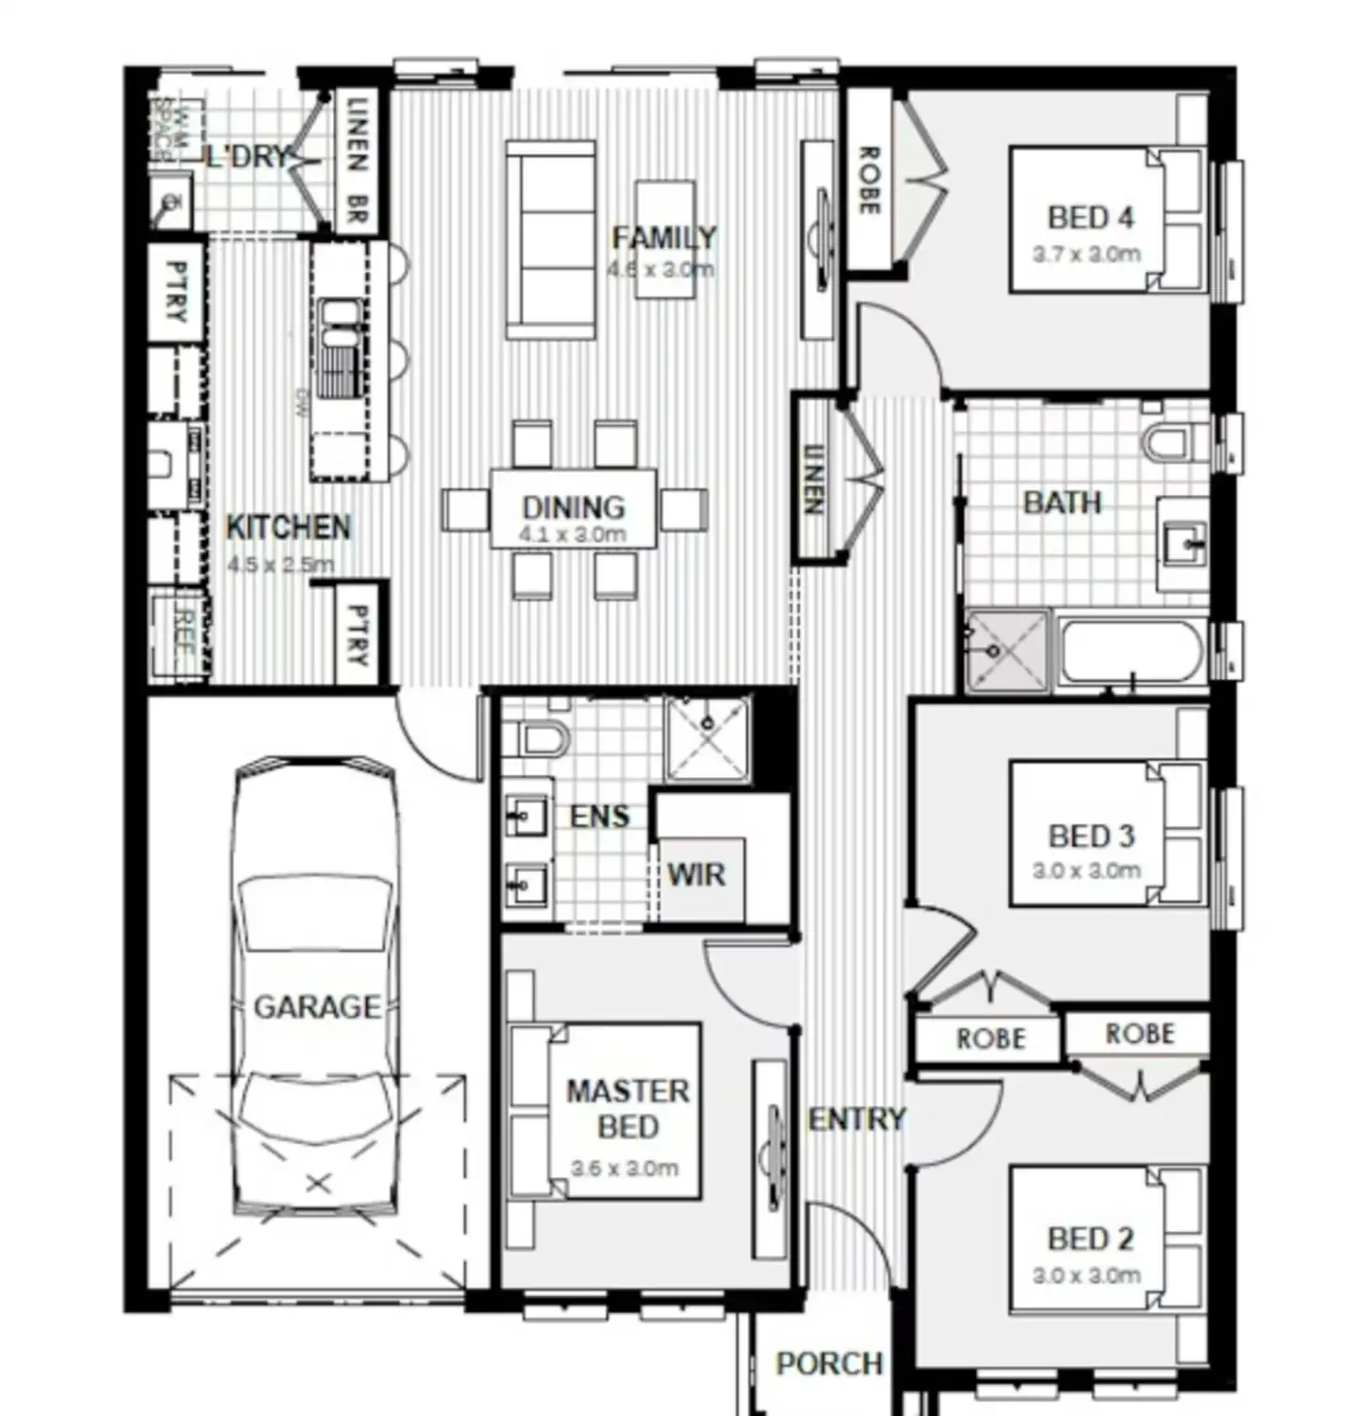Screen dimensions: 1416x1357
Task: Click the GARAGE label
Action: (x=317, y=1007)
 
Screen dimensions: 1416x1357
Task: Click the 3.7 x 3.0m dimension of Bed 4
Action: (x=1086, y=254)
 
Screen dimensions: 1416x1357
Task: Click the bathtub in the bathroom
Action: (x=1131, y=652)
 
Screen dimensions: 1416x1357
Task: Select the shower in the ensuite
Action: (x=708, y=738)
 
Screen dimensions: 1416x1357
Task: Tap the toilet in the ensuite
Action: (x=538, y=737)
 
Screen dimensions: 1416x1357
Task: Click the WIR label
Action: (x=696, y=875)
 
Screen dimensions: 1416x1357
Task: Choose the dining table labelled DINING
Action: (x=574, y=510)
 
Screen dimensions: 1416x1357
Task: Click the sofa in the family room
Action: (x=551, y=240)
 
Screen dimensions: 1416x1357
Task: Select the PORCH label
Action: (x=829, y=1363)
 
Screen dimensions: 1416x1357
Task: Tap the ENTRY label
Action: (x=856, y=1120)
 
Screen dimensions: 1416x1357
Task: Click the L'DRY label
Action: (x=247, y=156)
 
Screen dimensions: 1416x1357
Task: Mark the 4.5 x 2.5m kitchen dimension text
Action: (x=280, y=565)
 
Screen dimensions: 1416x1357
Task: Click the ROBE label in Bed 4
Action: (x=868, y=179)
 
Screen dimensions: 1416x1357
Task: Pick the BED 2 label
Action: (x=1090, y=1239)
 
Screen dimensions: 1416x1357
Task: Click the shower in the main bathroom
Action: (x=1007, y=650)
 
